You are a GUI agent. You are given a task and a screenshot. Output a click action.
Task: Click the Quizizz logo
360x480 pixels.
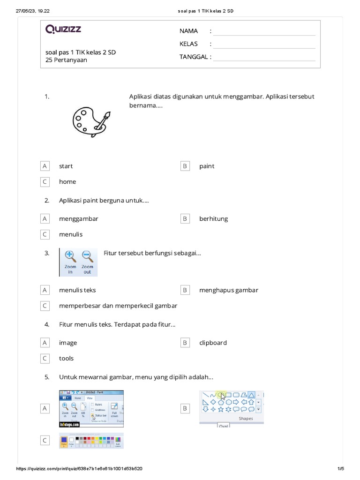[x=63, y=30]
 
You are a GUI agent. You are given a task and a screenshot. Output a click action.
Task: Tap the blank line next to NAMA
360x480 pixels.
[x=264, y=32]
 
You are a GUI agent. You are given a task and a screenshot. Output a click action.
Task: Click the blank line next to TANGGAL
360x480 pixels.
[x=264, y=57]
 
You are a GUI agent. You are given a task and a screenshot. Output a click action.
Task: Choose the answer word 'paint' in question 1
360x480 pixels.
[x=207, y=166]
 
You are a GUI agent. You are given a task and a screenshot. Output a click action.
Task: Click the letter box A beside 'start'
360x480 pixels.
[x=45, y=166]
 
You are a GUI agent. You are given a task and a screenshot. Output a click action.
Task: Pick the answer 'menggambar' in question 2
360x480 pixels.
[x=78, y=218]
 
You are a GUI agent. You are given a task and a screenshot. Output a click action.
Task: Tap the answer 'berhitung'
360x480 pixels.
[x=213, y=218]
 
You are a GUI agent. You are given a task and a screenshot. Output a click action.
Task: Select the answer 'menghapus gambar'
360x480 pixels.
[x=228, y=290]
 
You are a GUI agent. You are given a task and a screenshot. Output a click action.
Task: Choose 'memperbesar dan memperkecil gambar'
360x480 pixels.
[x=118, y=306]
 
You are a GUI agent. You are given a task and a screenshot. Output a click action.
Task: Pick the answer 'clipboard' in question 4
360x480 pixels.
[x=213, y=343]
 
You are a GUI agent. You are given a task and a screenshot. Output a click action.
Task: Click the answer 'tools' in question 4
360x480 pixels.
[x=66, y=358]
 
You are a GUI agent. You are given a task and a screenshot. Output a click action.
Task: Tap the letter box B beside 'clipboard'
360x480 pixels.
[x=185, y=343]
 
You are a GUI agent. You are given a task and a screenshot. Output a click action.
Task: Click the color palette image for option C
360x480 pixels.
[x=91, y=441]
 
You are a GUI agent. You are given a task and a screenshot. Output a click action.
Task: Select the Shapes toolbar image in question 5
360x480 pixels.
[x=231, y=408]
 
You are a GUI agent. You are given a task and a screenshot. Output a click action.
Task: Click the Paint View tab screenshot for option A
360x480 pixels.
[x=91, y=408]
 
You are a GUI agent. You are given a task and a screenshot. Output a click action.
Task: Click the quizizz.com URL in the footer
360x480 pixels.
[x=79, y=469]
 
